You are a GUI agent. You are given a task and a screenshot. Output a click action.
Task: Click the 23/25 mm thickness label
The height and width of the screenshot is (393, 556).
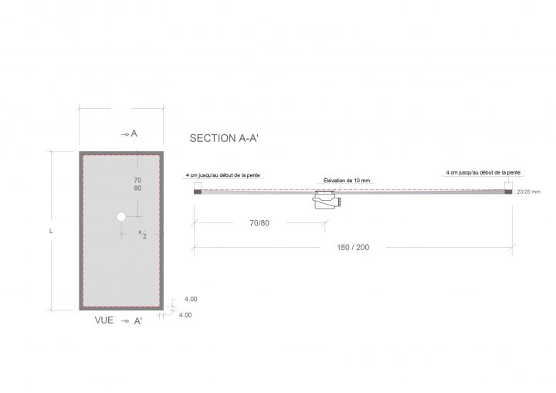[528, 191]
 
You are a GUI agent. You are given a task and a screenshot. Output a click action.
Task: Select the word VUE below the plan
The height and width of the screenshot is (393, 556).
[104, 319]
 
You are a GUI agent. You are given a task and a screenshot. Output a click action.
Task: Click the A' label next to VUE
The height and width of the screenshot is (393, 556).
[138, 320]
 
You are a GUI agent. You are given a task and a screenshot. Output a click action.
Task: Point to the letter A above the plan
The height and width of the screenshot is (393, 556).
[134, 134]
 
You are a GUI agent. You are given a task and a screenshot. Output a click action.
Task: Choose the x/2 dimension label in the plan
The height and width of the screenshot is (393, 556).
[142, 233]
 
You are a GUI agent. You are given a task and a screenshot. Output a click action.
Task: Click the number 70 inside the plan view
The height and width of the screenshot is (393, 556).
[137, 178]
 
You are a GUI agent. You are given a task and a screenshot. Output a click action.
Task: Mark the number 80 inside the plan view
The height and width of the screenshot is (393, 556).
[137, 188]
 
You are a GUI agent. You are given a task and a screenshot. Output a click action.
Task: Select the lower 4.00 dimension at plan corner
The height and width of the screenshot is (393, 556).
[185, 315]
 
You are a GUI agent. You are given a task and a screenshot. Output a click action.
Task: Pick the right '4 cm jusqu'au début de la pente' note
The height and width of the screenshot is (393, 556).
[483, 173]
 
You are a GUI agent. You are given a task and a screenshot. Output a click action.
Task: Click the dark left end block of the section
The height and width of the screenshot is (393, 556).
[197, 191]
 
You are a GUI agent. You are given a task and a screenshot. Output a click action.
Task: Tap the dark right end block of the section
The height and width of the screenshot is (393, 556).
[508, 191]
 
